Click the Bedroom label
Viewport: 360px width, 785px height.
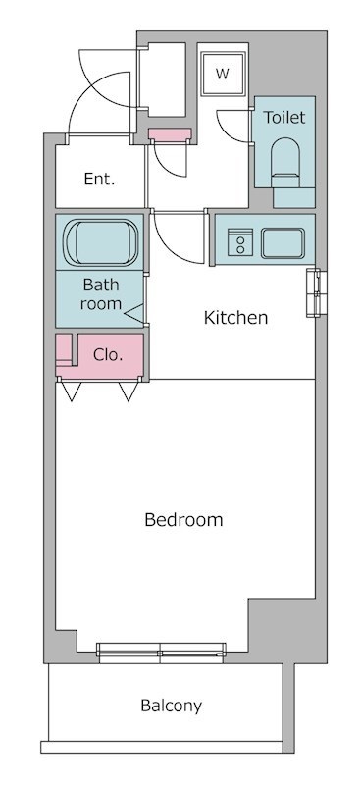coord(183,520)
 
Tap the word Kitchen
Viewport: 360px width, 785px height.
coord(235,317)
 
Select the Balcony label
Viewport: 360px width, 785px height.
coord(172,706)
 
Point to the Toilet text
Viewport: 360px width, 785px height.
coord(283,117)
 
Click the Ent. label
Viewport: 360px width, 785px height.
coord(99,179)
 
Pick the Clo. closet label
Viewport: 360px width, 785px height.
coord(108,355)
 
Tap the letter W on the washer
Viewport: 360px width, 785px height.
coord(223,75)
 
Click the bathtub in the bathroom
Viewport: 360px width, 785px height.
coord(101,242)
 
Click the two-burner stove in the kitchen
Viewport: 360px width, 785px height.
coord(240,242)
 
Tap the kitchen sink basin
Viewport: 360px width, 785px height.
coord(283,243)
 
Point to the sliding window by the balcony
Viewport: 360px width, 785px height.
coord(161,653)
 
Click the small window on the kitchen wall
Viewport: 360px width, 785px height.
coord(316,292)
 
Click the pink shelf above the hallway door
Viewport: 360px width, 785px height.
coord(170,134)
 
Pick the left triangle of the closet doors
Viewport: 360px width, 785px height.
coord(71,391)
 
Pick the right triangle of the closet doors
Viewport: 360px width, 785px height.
coord(129,391)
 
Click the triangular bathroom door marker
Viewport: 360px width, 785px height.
coord(134,313)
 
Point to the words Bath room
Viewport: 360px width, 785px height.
coord(101,294)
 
